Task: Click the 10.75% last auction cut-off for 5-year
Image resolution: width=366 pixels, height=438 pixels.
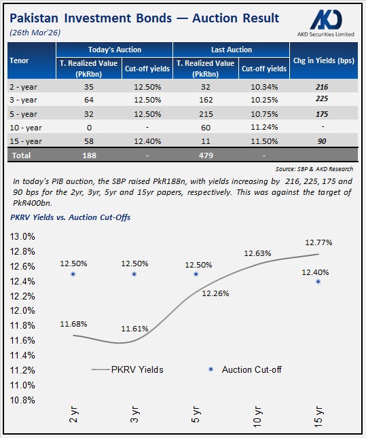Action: click(265, 114)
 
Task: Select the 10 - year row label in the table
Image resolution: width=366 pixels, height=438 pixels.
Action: click(28, 127)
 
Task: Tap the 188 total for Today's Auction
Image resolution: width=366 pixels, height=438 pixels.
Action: click(90, 155)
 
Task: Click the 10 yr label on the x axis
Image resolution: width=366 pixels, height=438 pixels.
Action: click(257, 416)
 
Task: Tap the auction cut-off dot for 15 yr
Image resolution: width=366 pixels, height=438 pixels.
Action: click(318, 281)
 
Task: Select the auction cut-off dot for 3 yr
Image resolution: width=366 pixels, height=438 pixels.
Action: click(134, 274)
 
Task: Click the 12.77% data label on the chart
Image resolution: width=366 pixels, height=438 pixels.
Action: click(318, 241)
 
